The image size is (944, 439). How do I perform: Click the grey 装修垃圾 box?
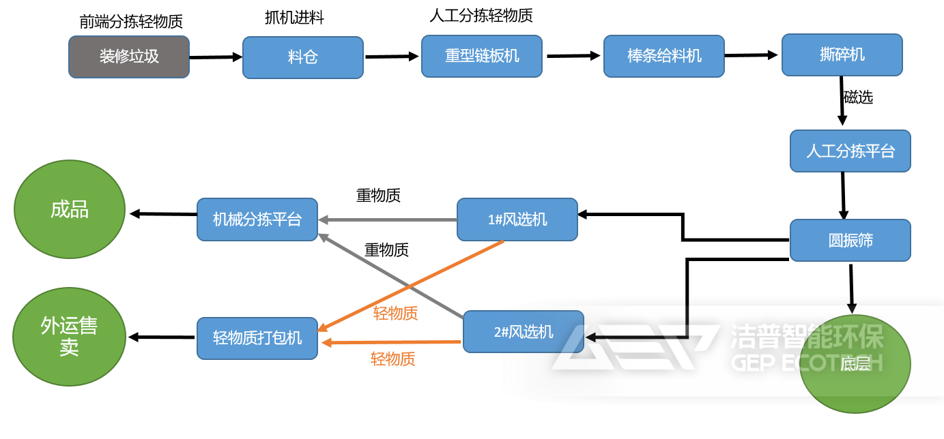129,57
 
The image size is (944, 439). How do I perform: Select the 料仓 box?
302,57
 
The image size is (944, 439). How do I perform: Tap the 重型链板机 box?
482,56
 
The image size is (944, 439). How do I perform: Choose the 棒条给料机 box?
663,56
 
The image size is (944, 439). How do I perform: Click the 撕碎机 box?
842,55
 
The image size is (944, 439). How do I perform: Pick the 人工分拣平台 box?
850,151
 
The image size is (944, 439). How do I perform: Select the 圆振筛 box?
850,240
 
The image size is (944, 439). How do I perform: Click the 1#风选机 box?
517,219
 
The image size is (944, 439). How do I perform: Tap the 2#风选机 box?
523,332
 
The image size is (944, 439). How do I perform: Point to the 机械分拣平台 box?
257,219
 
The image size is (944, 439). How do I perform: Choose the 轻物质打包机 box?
257,338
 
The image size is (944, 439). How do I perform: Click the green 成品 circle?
70,209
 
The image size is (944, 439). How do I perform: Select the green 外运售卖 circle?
69,337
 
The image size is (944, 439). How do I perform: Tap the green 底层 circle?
855,364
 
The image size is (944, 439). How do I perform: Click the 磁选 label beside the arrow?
858,97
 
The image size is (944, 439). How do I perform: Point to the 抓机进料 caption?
294,18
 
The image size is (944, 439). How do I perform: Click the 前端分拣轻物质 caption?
131,22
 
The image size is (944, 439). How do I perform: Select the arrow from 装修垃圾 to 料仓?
216,57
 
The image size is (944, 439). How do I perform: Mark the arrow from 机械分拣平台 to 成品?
163,214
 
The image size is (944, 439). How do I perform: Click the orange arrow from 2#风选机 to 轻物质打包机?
392,342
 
